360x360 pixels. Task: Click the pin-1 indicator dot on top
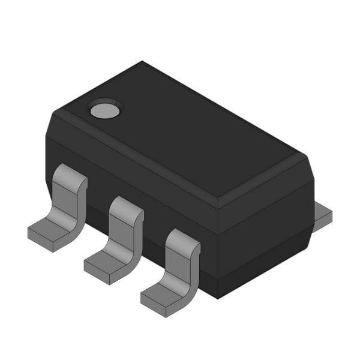105,110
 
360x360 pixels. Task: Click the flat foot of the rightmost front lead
163,295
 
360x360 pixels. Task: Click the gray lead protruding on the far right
323,214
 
